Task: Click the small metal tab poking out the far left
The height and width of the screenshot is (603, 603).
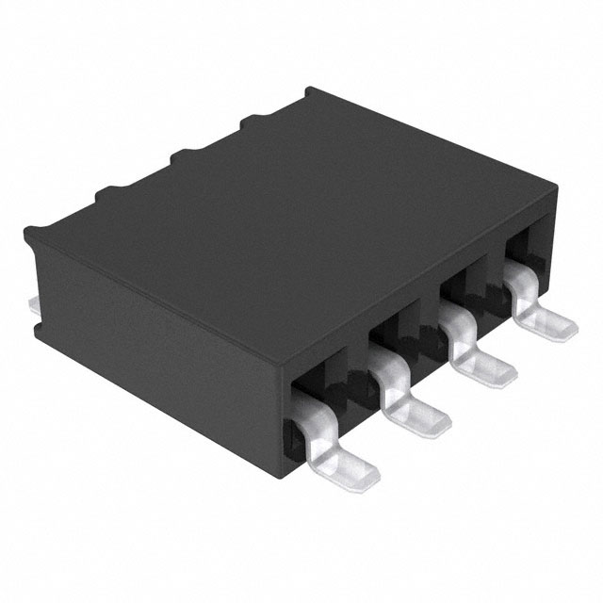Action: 32,303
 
